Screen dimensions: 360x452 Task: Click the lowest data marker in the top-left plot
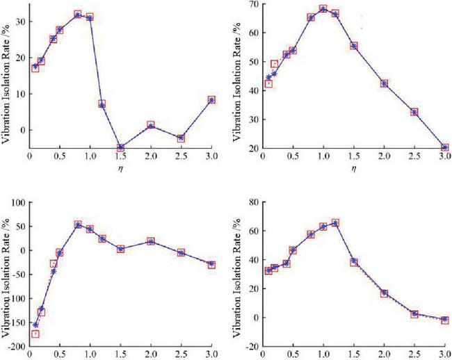point(120,147)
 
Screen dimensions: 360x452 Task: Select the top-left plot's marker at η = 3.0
point(211,100)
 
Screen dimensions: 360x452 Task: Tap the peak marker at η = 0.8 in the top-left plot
point(78,14)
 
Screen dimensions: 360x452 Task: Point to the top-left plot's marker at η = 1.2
point(102,104)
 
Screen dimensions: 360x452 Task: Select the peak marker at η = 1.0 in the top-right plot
point(323,9)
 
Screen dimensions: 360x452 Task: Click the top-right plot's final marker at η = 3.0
point(444,147)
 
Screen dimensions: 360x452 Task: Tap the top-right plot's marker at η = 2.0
point(384,83)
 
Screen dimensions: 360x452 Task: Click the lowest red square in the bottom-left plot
point(35,334)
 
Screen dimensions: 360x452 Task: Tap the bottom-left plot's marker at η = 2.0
point(151,241)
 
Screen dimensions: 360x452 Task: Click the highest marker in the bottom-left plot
point(78,224)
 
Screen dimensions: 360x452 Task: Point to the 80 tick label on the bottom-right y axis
point(251,202)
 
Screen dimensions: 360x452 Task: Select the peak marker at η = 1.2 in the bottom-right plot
point(335,223)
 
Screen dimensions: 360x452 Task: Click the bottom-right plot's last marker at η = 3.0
point(444,320)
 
